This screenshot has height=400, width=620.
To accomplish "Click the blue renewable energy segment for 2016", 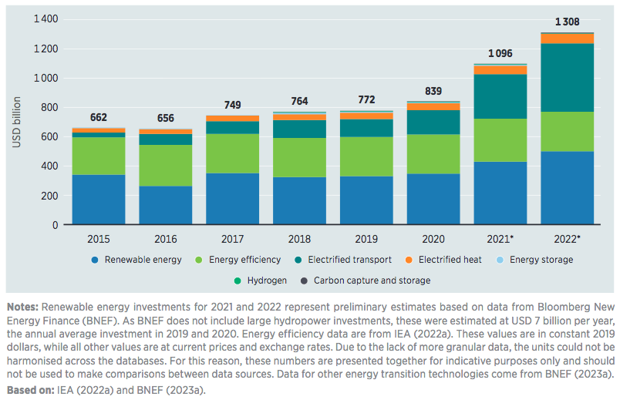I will tap(165, 205).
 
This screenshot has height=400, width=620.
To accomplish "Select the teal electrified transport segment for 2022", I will tap(566, 78).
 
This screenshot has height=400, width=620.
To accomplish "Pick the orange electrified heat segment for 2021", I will tap(500, 70).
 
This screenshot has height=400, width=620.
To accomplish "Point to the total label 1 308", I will tap(566, 21).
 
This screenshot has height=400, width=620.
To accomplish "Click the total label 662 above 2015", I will tap(98, 117).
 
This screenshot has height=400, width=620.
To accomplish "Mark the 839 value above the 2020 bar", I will tap(433, 91).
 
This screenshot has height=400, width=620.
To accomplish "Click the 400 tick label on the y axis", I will tap(50, 166).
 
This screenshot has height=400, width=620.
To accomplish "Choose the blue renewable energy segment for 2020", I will tap(433, 199).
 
